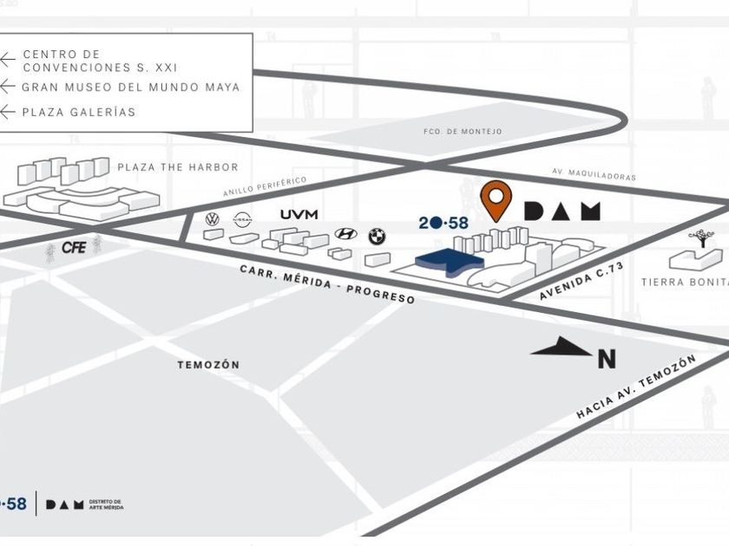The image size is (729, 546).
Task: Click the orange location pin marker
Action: click(497, 198)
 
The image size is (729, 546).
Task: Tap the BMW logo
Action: click(377, 236)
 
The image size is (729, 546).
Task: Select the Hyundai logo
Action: click(345, 233)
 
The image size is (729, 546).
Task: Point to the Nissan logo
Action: click(242, 220)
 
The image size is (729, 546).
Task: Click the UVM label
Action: click(299, 214)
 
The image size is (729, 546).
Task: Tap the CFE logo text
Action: click(74, 248)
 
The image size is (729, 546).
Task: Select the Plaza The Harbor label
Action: click(177, 167)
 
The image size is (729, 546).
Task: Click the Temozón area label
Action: click(208, 365)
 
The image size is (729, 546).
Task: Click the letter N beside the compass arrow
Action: click(607, 358)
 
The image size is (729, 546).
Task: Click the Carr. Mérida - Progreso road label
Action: click(327, 283)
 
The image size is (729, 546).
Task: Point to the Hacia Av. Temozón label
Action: click(636, 387)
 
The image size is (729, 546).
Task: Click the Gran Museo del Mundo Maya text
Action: click(130, 87)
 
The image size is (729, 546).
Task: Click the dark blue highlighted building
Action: click(447, 261)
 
